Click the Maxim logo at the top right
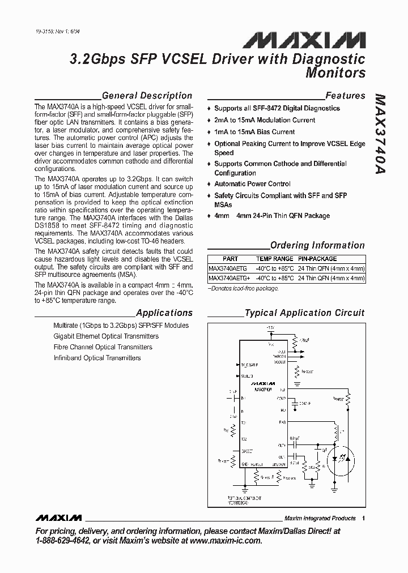pos(304,39)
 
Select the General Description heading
pos(147,96)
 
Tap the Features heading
pos(345,96)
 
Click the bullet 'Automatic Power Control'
pos(252,184)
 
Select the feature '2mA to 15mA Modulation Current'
pos(265,120)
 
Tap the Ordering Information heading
pos(317,245)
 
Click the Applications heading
pos(164,313)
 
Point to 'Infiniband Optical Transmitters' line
pos(97,358)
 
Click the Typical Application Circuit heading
pos(304,313)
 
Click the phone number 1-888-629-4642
pos(62,541)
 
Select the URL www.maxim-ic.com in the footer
pos(226,541)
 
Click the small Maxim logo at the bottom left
pos(58,518)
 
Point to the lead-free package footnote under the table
pos(244,288)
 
